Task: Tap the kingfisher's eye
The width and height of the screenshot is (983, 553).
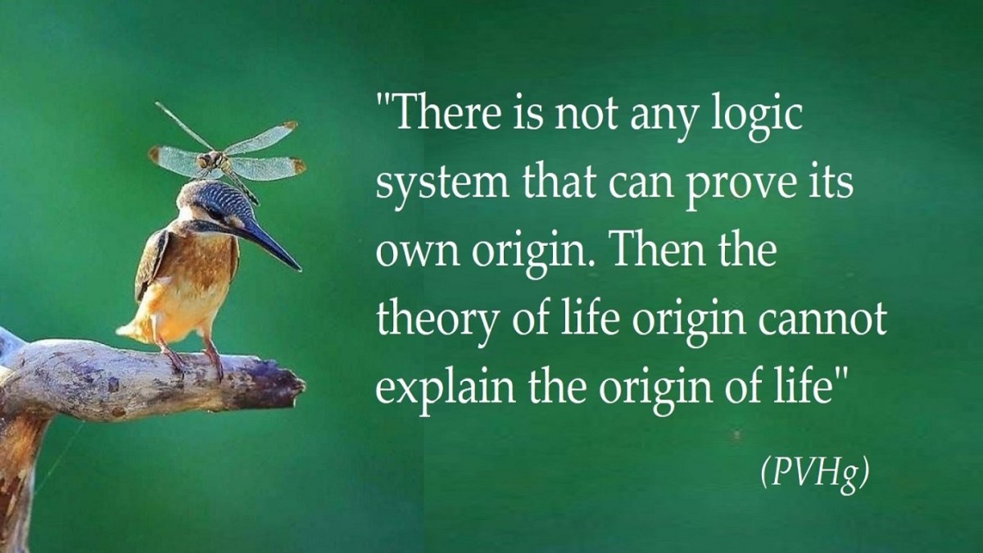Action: click(x=216, y=214)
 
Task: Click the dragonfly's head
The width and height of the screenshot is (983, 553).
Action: click(x=204, y=161)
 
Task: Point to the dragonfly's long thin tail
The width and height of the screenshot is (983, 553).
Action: click(x=183, y=125)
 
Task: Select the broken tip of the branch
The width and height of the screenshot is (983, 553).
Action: click(x=294, y=387)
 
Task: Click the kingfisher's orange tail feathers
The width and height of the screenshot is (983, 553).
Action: click(x=134, y=330)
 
